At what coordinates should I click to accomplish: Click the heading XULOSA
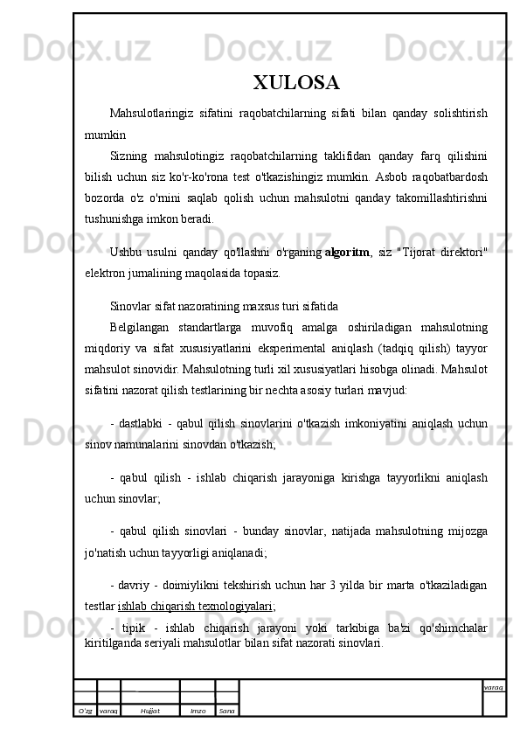(x=296, y=84)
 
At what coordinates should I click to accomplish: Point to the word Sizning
(x=128, y=157)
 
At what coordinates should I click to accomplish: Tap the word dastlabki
(x=144, y=424)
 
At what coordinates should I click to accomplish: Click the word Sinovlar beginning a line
(x=129, y=307)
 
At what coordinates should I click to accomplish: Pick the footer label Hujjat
(x=149, y=711)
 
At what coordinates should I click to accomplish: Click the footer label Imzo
(x=198, y=711)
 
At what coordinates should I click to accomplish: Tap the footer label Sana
(x=226, y=711)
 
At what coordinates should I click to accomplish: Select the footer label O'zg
(x=85, y=711)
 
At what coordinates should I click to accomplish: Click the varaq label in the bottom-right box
(x=493, y=687)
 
